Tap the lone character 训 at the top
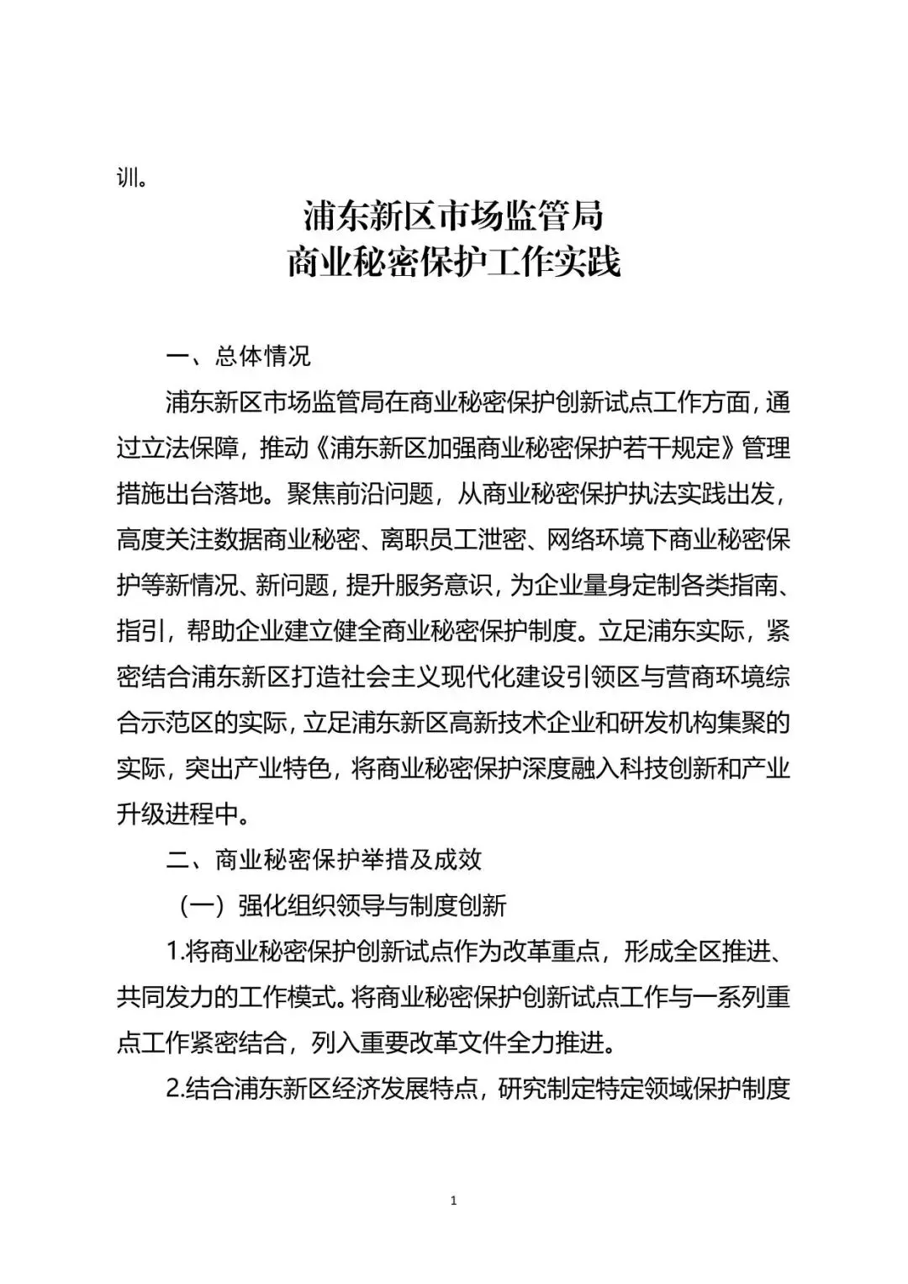[x=129, y=179]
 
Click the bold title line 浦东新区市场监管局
[x=453, y=217]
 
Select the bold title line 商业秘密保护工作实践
[x=453, y=263]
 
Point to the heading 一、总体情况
[x=239, y=356]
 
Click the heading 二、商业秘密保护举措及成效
[x=324, y=859]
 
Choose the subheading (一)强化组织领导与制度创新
[x=341, y=905]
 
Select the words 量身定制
[x=629, y=585]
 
